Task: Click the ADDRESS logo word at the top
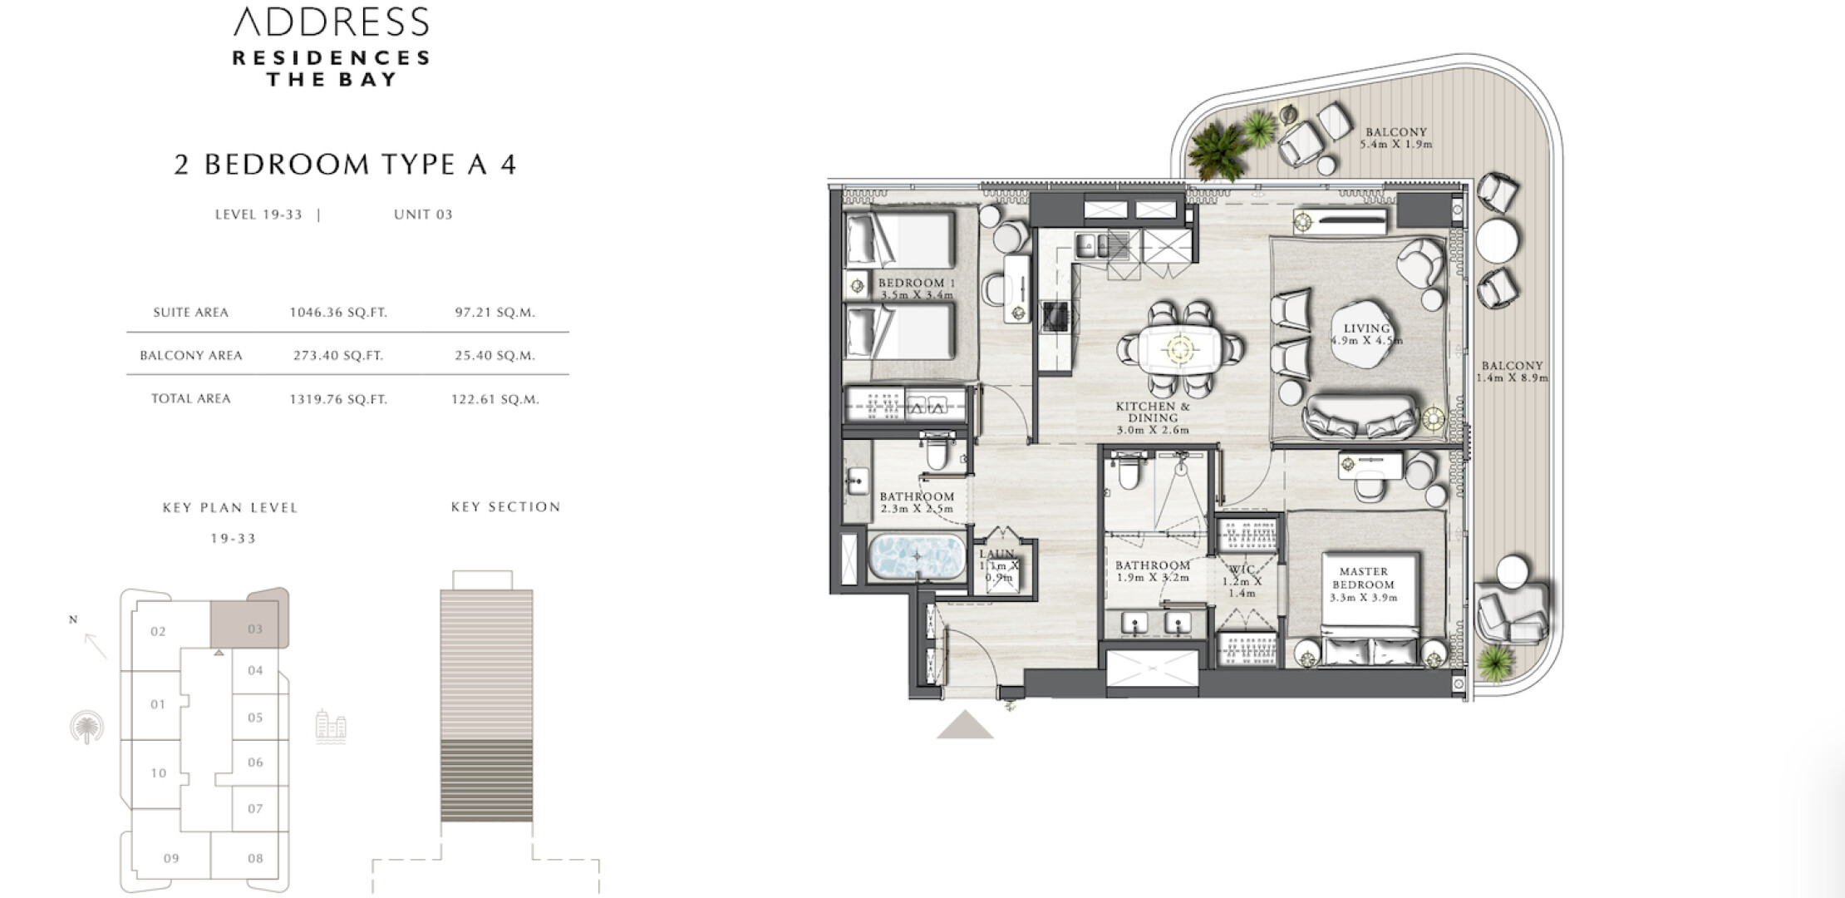332,22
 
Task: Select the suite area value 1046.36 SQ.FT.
338,313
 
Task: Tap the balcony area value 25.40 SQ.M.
495,355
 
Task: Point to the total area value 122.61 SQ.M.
495,399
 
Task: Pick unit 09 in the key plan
171,858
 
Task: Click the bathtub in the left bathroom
918,555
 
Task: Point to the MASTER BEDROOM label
1364,578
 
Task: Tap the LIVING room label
1367,328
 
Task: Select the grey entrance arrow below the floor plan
965,725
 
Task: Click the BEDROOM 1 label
917,283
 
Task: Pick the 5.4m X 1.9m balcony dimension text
1396,144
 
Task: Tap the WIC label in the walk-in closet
1241,570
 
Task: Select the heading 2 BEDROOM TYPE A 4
345,164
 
